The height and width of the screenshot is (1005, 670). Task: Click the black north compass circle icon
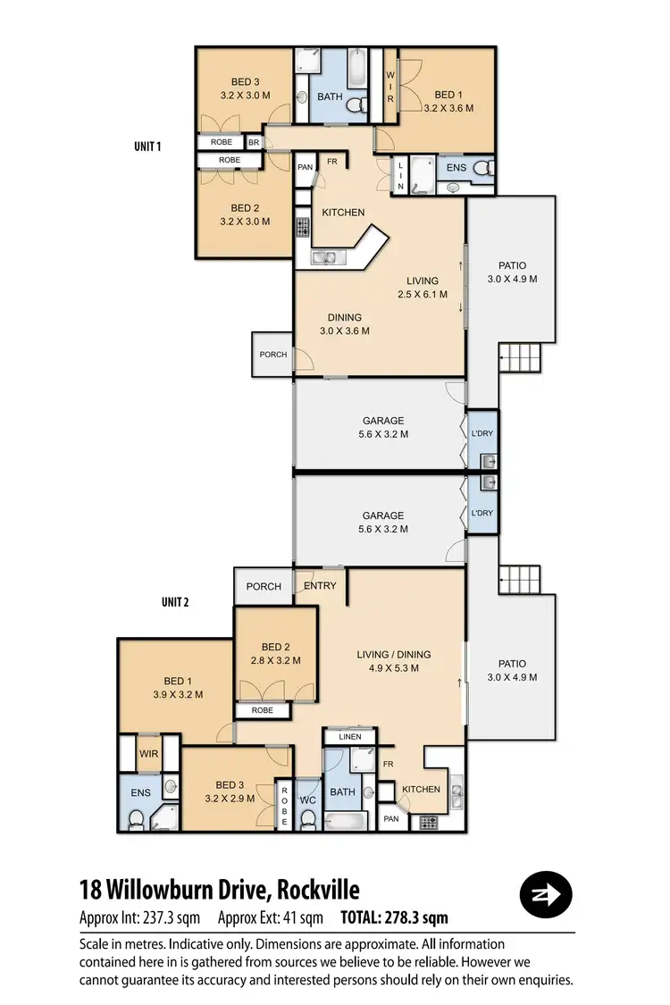(x=545, y=893)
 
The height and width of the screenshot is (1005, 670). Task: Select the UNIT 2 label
(x=175, y=601)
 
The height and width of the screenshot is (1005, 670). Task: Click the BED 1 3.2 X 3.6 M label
(x=448, y=101)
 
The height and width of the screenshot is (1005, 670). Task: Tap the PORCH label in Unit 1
(x=273, y=355)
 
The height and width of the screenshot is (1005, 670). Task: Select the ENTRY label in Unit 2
(x=320, y=586)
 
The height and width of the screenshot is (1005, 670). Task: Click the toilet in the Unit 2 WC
(x=308, y=817)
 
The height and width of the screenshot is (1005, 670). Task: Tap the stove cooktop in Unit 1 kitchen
(x=302, y=227)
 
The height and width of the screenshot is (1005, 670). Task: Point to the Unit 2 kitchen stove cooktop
(x=427, y=822)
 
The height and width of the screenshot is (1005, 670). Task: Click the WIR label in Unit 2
(x=147, y=754)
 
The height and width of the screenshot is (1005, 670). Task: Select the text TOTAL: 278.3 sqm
(x=394, y=917)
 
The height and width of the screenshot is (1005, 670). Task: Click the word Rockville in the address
(x=319, y=890)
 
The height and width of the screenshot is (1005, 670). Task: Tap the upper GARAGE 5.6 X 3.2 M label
(x=383, y=427)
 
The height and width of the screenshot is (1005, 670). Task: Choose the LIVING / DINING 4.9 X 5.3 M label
(x=393, y=660)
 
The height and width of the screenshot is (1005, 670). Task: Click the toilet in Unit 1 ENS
(x=482, y=167)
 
